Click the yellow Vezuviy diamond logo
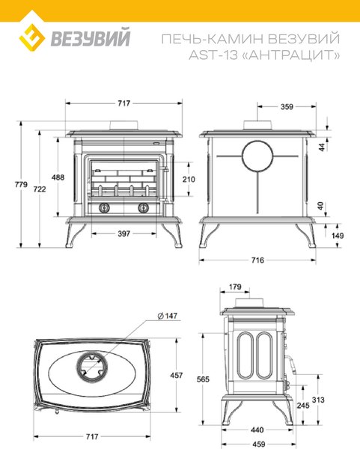coord(32,38)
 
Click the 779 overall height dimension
coord(21,184)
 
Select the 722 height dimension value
coord(40,189)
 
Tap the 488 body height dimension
coord(58,177)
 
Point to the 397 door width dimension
coord(124,233)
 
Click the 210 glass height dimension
coord(189,180)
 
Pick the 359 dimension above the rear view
coord(287,107)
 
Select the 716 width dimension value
coord(257,260)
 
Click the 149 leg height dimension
coord(338,236)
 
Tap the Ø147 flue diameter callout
coord(168,316)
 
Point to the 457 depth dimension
coord(176,375)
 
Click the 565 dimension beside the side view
coord(203,379)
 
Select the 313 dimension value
coord(318,400)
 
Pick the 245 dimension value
coord(303,406)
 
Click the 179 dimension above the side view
coord(236,287)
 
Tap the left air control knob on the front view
coord(104,207)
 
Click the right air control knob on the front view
coord(143,207)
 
